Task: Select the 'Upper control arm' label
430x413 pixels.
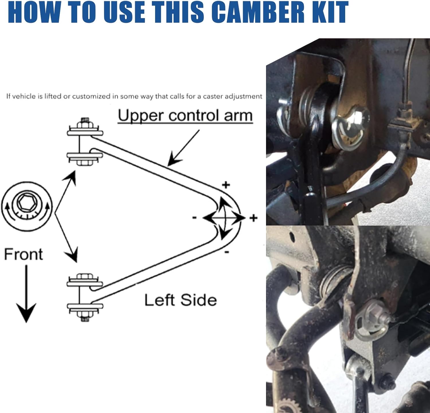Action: pos(185,116)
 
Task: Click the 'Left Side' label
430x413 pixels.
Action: pos(180,300)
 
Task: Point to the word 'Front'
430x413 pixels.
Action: pos(24,254)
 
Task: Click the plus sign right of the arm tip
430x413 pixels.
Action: pos(253,218)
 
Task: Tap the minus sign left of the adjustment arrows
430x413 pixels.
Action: pos(194,218)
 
